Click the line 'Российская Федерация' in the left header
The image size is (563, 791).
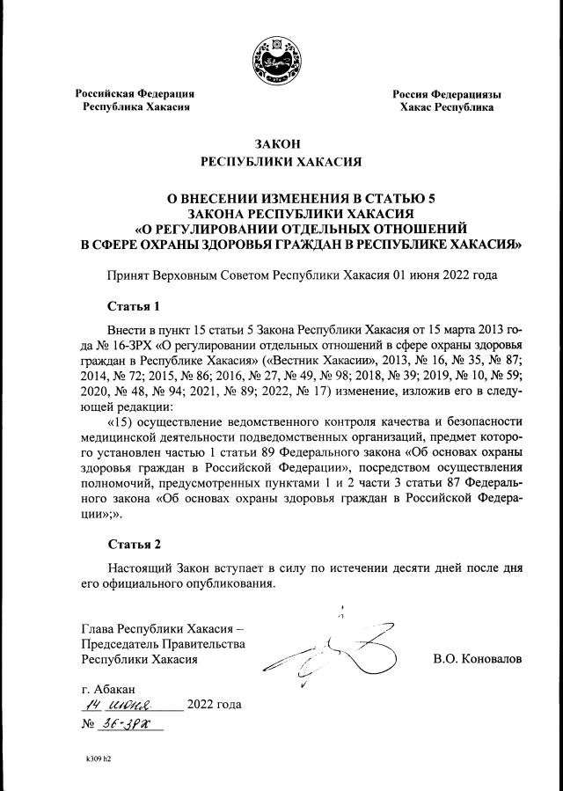(x=134, y=93)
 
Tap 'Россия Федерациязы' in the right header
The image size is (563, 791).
(x=446, y=93)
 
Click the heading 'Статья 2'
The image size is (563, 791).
(x=134, y=544)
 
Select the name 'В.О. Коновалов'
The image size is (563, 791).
(x=478, y=658)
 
